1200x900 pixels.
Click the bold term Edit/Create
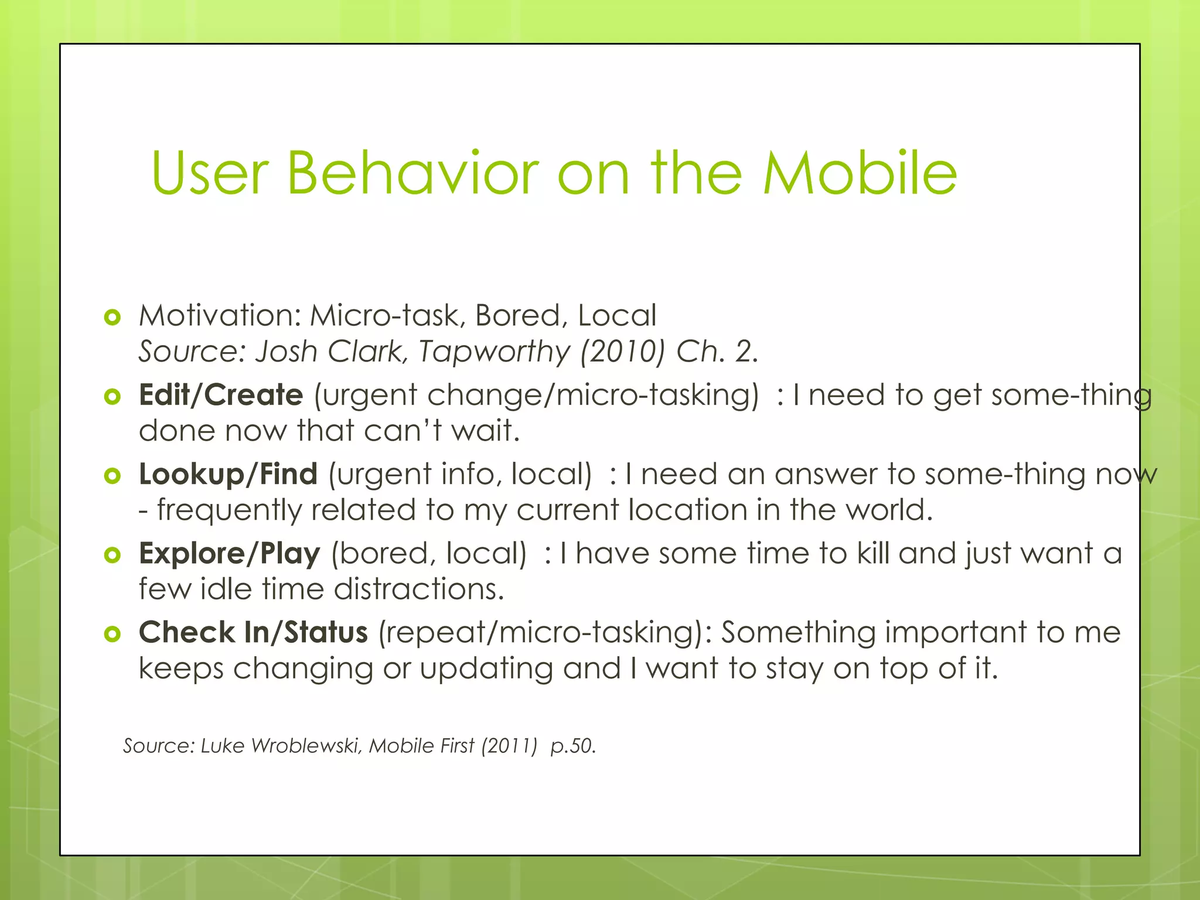coord(221,395)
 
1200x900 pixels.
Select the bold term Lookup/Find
coord(228,474)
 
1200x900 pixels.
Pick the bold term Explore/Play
coord(229,554)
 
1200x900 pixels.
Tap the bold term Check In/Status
coord(253,633)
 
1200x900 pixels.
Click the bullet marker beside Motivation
coord(112,318)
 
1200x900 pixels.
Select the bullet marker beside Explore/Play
coord(112,555)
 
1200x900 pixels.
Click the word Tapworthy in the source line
coord(494,352)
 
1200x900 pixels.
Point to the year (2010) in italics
coord(623,352)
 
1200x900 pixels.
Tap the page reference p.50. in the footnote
coord(573,746)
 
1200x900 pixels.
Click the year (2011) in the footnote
coord(509,746)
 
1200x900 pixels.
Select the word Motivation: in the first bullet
coord(220,316)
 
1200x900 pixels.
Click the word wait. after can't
coord(486,431)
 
